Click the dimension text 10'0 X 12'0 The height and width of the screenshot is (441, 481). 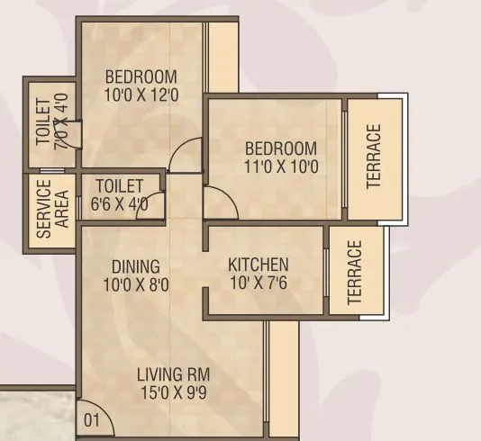[141, 93]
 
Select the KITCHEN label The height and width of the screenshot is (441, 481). [259, 265]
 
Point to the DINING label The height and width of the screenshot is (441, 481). [136, 266]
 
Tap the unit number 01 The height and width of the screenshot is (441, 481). [90, 419]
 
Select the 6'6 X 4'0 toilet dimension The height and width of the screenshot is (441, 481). [120, 204]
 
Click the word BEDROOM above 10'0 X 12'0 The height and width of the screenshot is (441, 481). [141, 76]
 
